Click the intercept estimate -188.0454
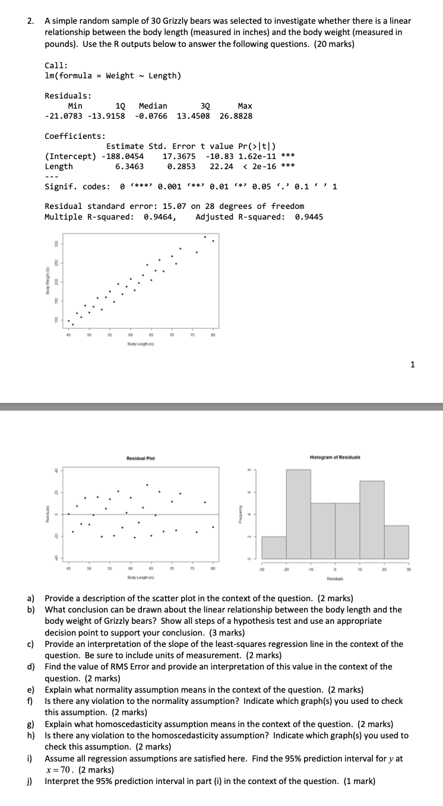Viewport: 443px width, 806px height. click(x=124, y=156)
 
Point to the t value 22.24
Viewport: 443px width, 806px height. click(x=221, y=167)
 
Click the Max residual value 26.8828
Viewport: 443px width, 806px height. click(x=236, y=116)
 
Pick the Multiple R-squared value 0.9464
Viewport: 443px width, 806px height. click(x=160, y=217)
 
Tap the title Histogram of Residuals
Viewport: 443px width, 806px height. click(x=335, y=457)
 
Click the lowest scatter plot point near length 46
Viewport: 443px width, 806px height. click(x=73, y=325)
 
